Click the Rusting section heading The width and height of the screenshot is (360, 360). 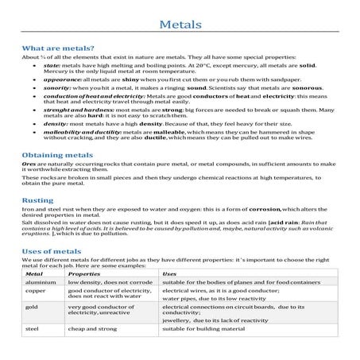click(38, 201)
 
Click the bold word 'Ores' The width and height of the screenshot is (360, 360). click(29, 172)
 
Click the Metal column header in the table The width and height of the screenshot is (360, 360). click(35, 273)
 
